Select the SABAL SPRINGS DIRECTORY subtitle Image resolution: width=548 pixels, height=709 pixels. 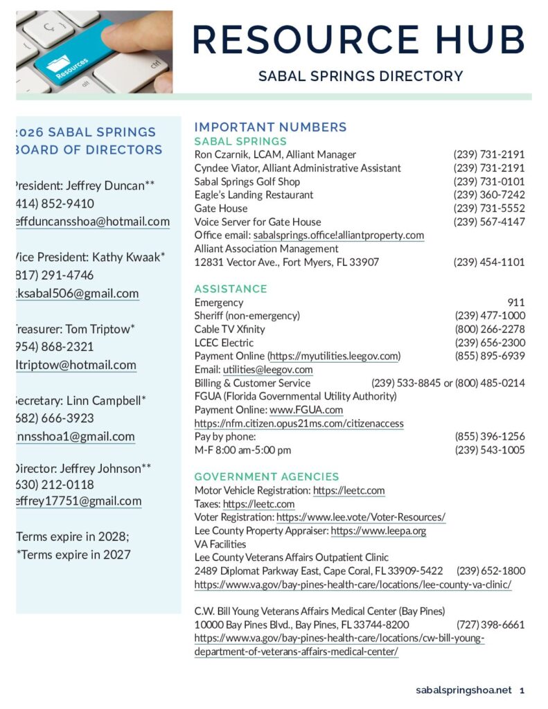tap(360, 76)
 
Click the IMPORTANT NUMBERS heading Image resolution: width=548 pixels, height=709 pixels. tap(270, 127)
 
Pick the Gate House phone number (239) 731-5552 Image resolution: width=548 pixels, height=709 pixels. tap(489, 208)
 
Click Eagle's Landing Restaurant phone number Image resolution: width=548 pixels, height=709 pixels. tap(489, 195)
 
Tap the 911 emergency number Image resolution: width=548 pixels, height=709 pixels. tap(515, 303)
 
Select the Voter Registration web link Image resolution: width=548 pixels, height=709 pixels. tap(360, 517)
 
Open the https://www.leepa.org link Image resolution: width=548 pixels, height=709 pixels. tap(378, 531)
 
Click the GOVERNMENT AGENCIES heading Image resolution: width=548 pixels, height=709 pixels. tap(267, 477)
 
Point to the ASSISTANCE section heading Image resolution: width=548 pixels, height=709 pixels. tap(231, 289)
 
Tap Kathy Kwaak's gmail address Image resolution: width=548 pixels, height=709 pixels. tap(76, 294)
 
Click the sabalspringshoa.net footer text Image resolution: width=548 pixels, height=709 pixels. tap(463, 690)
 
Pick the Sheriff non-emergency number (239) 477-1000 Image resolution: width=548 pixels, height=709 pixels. tap(490, 316)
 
